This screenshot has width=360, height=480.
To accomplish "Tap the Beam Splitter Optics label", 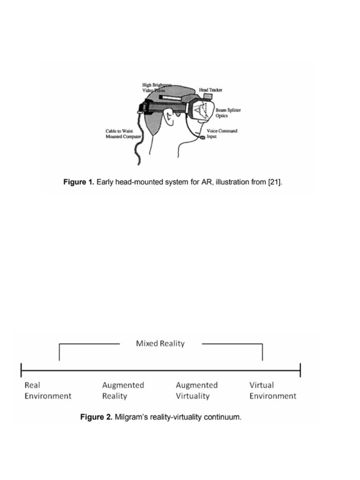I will tap(228, 112).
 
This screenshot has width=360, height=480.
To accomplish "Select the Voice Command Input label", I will tap(222, 134).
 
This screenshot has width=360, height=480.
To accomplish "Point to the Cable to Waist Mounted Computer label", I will tap(123, 134).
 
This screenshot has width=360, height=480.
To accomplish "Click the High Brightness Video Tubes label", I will tap(157, 87).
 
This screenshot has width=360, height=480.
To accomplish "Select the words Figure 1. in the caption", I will tap(79, 182).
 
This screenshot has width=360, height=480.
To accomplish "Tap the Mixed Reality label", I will tap(160, 344).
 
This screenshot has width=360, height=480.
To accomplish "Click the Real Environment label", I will tap(47, 390).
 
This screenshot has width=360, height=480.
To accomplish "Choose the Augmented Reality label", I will tap(123, 390).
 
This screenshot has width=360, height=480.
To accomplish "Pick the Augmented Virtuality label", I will tap(197, 390).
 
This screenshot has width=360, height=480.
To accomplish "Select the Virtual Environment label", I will tap(272, 390).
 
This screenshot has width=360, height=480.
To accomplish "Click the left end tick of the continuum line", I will tap(22, 370).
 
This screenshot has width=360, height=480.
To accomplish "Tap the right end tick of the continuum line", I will tap(300, 370).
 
